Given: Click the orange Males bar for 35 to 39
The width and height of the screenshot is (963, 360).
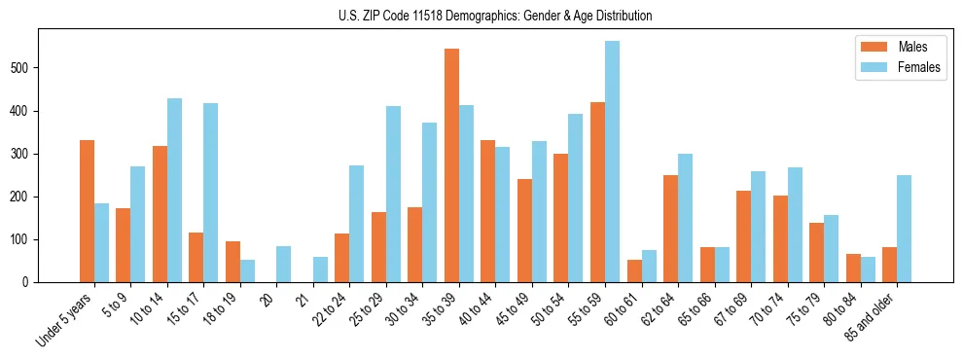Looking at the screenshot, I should pyautogui.click(x=451, y=165).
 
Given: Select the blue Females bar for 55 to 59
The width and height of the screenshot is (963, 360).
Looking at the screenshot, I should pyautogui.click(x=612, y=162).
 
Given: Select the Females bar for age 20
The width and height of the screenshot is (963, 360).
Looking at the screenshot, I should pyautogui.click(x=284, y=264).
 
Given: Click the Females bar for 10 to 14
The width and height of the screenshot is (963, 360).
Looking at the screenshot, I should pyautogui.click(x=174, y=190).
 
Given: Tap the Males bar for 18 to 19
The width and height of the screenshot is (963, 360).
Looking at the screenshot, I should pyautogui.click(x=232, y=262).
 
